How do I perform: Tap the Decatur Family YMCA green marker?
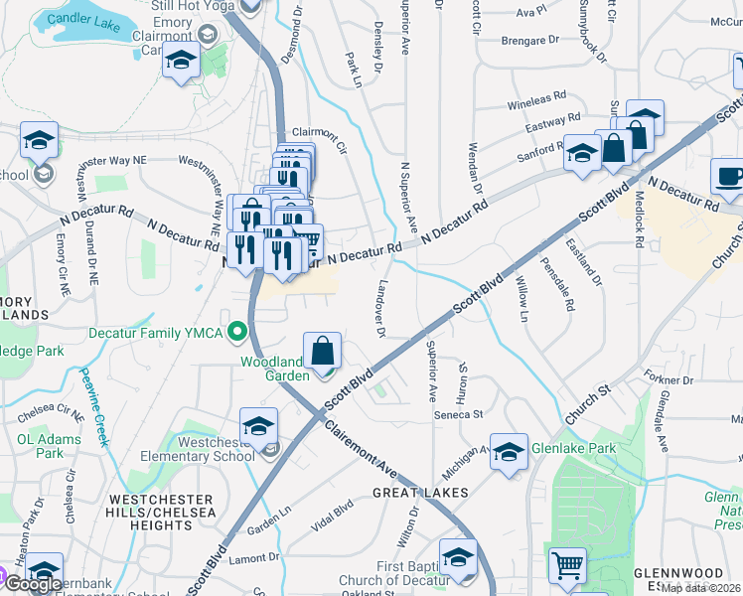tap(236, 331)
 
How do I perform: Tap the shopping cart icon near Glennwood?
tap(567, 566)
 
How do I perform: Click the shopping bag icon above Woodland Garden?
tap(323, 351)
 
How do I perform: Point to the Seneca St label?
tap(457, 414)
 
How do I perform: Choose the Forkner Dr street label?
tap(667, 380)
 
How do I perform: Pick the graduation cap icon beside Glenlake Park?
tap(509, 450)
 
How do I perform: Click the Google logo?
tap(33, 584)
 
